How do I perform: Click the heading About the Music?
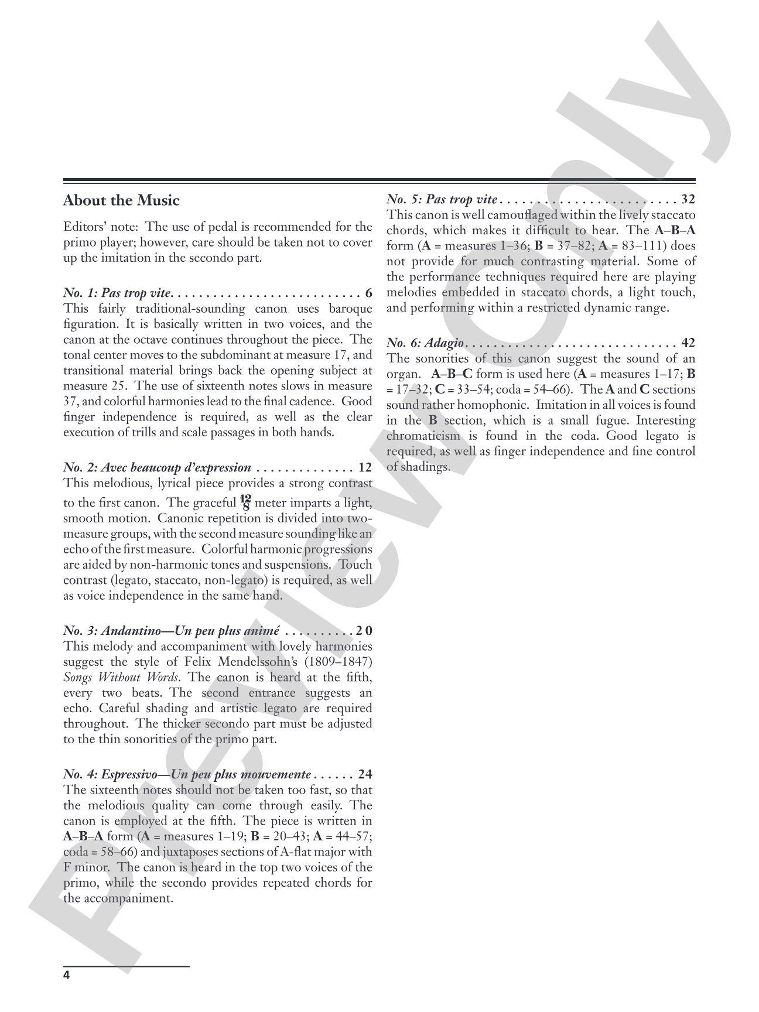(121, 201)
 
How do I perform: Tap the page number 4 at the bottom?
(66, 975)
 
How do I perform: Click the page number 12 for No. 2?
(365, 468)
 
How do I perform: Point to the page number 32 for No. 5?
(688, 200)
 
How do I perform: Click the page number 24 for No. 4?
(365, 775)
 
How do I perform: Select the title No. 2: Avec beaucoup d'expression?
(157, 468)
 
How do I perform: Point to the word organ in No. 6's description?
(401, 374)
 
